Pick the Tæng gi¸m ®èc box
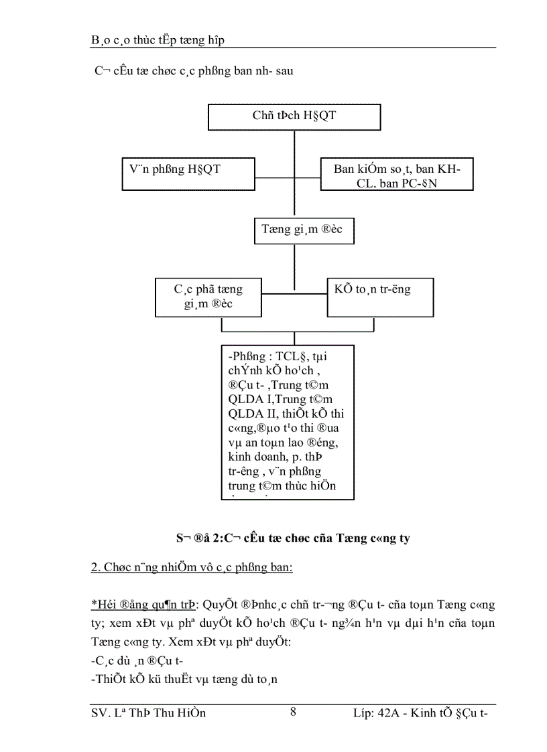click(x=303, y=230)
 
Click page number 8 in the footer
click(x=293, y=712)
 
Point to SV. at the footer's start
click(x=100, y=713)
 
